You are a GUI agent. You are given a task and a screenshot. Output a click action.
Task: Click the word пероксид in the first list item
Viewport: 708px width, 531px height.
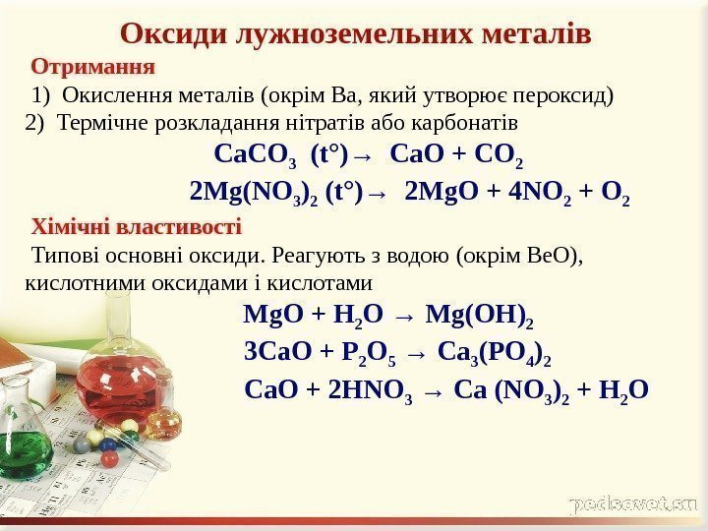(567, 95)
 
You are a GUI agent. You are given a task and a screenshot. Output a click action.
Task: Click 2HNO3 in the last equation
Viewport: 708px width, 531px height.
(370, 390)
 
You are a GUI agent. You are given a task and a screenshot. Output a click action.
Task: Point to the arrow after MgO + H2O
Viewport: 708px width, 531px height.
(403, 317)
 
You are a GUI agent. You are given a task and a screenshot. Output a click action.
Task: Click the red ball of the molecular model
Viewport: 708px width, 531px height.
(109, 458)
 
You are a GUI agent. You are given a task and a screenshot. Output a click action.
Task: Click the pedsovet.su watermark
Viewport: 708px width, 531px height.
(633, 503)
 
